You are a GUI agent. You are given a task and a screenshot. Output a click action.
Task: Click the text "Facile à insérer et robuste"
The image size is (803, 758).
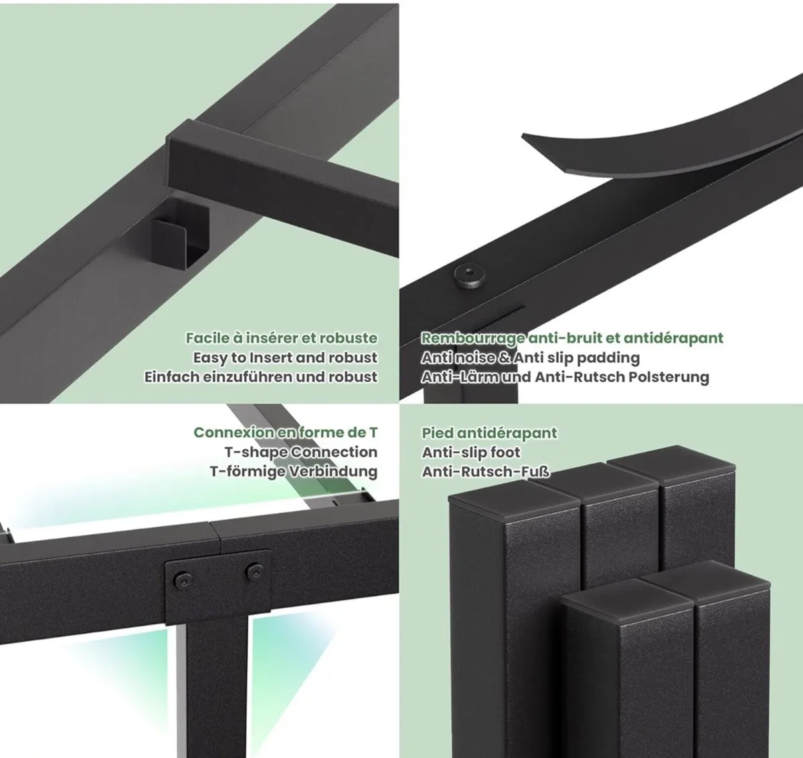point(282,338)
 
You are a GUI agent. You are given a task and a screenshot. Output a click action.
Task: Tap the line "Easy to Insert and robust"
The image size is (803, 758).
point(285,358)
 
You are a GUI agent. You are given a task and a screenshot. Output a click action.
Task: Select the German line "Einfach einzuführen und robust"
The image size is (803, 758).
point(261,377)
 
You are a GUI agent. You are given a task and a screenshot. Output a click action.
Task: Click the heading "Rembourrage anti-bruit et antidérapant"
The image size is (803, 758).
point(572,338)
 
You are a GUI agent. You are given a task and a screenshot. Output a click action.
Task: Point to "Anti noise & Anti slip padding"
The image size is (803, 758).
point(530,358)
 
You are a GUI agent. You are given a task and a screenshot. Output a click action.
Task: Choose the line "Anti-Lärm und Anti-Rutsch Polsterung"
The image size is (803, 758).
point(565,377)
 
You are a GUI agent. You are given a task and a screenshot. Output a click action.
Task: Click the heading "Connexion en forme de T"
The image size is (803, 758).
point(286,432)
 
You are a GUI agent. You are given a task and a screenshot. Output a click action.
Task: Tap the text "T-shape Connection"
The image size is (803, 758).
point(301,452)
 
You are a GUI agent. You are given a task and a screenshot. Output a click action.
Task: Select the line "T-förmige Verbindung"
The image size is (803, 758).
point(294,471)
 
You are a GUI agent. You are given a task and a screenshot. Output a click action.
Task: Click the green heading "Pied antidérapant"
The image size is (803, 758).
point(490,432)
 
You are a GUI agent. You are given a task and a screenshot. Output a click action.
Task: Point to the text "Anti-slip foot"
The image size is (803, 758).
point(471,453)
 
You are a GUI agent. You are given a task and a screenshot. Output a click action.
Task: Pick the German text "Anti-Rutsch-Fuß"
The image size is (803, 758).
point(486,472)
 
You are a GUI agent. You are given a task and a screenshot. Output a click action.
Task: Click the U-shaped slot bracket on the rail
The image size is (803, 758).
point(180,237)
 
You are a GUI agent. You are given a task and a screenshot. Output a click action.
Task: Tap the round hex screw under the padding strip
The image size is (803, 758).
point(470,275)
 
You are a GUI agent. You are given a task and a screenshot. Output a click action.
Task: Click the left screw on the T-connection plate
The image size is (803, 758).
point(181,580)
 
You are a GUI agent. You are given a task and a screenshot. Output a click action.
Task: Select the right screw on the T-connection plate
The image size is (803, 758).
point(254,572)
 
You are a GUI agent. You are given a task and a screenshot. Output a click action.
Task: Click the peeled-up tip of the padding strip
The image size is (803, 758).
point(525,138)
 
